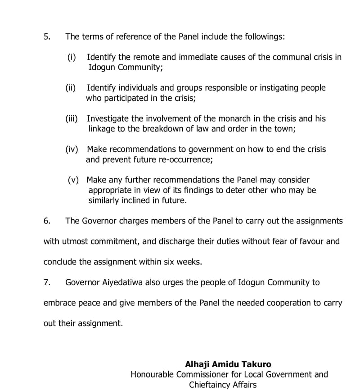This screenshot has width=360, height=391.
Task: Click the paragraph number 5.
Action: [47, 36]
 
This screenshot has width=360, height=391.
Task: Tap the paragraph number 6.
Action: [47, 221]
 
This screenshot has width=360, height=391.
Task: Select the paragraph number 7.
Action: [47, 282]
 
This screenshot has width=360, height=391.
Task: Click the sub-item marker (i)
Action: [72, 57]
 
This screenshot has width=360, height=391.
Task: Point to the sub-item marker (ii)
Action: [71, 88]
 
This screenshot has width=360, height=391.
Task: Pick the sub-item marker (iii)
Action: [72, 118]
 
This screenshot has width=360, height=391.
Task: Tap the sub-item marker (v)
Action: [73, 180]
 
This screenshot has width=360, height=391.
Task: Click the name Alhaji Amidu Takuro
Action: [228, 364]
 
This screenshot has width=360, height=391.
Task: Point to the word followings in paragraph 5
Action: [261, 36]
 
